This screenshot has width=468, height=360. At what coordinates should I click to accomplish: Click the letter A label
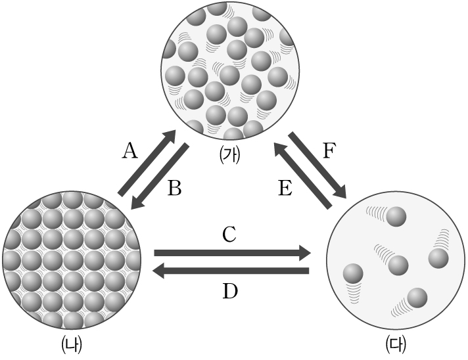click(x=130, y=152)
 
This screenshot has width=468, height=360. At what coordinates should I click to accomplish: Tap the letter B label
click(x=174, y=189)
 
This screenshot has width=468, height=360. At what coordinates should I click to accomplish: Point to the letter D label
click(x=229, y=291)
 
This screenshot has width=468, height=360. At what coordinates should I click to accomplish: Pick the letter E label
click(x=285, y=189)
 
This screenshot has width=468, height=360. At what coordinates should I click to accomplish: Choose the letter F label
click(x=330, y=152)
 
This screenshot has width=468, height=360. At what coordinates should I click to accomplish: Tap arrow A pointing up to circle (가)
click(x=147, y=163)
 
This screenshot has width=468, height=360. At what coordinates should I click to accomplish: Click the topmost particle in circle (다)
click(x=396, y=216)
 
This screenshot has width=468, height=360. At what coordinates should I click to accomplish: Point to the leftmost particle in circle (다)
click(x=354, y=273)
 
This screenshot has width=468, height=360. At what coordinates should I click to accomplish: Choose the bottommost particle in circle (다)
click(x=415, y=298)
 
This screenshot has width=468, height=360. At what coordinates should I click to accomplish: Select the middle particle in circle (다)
click(x=398, y=265)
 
